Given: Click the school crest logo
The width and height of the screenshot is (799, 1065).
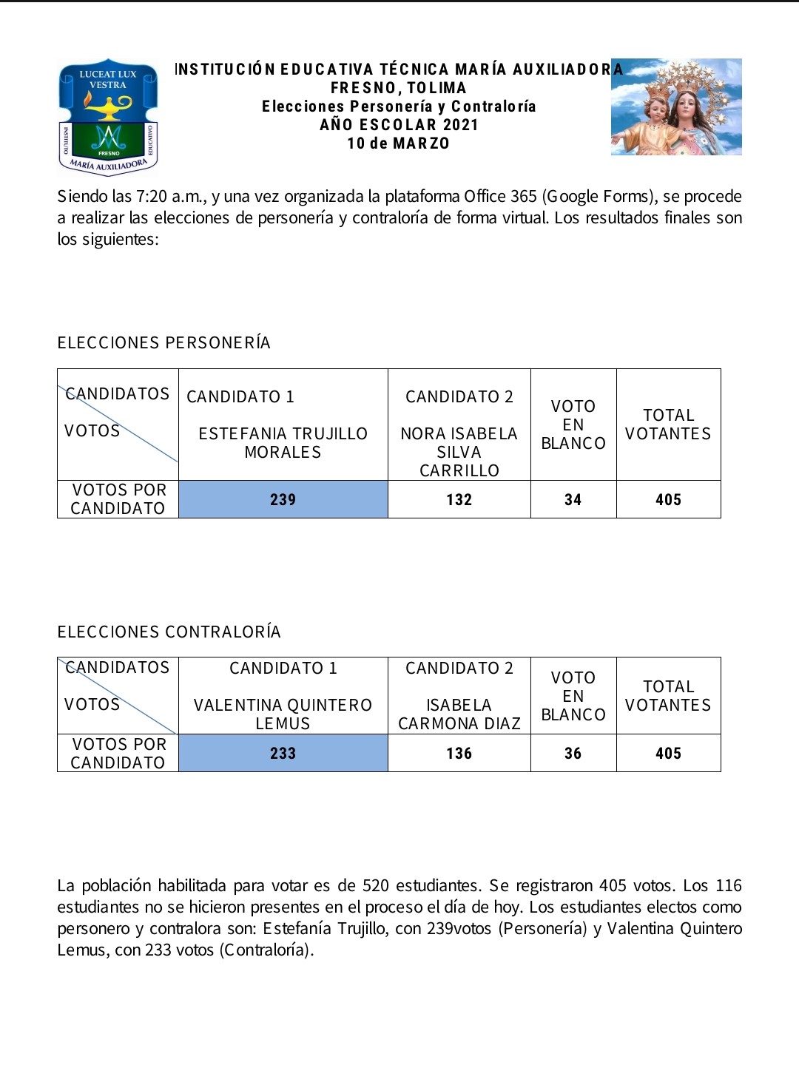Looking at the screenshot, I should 108,117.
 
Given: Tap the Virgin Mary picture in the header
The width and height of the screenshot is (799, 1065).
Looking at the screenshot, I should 676,107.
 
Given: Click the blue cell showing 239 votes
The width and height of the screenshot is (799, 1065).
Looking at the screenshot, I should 283,500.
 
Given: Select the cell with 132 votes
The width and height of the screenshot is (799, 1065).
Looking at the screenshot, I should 459,500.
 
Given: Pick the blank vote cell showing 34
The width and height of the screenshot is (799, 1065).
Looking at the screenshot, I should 573,500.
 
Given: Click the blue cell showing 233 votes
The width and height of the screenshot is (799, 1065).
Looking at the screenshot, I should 283,754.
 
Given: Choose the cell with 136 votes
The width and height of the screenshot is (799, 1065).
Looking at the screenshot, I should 459,754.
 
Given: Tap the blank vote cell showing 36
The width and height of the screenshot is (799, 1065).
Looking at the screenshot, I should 573,754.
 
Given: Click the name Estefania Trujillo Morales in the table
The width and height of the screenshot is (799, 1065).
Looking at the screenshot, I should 283,443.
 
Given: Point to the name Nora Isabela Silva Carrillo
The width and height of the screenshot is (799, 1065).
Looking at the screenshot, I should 459,452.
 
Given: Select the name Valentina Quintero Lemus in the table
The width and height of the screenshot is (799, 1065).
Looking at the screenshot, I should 283,714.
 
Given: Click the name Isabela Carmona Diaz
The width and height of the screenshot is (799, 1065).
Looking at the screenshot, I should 459,714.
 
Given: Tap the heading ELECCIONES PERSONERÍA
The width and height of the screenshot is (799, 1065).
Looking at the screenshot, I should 164,343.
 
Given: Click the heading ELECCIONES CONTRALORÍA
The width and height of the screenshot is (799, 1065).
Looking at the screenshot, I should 169,632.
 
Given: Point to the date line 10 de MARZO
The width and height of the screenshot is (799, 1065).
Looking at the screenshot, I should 399,143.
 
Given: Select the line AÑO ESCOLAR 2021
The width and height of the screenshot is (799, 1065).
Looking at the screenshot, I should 399,125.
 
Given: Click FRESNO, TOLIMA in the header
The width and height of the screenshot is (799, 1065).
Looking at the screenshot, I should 399,88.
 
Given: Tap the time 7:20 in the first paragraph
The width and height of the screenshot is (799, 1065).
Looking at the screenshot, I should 152,197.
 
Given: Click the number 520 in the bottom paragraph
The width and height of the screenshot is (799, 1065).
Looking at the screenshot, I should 376,886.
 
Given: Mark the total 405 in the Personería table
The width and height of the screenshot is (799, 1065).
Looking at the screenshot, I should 668,500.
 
